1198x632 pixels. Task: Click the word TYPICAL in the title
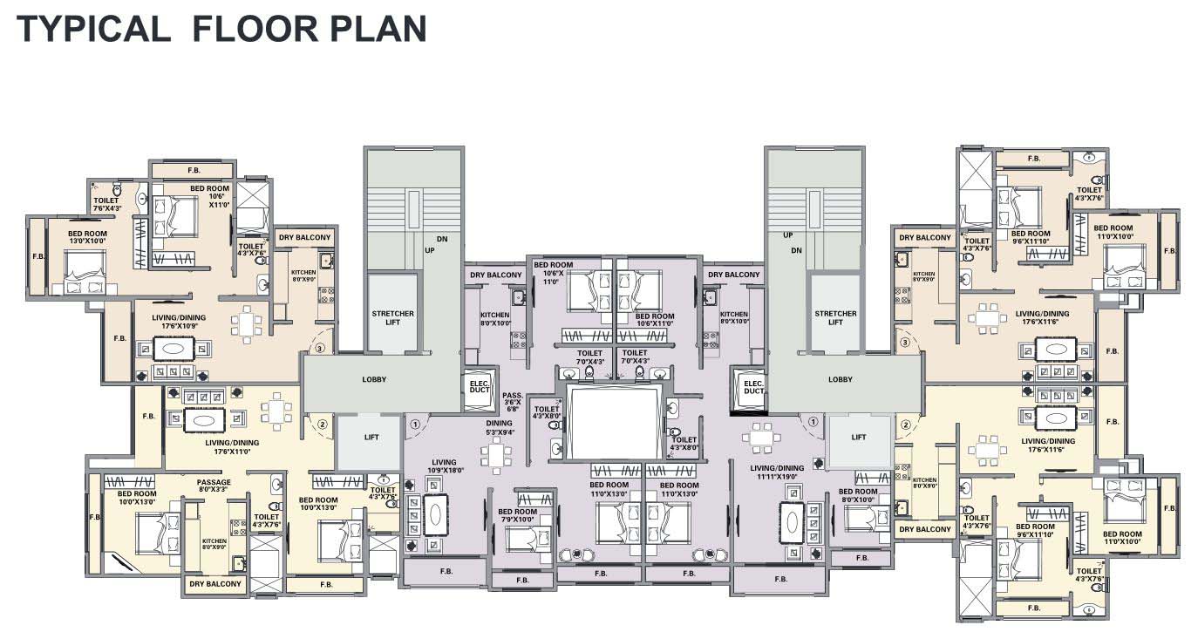click(92, 29)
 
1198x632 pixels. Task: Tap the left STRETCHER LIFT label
click(392, 317)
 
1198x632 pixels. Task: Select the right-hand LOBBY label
click(840, 379)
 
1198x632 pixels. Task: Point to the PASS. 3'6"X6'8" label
click(513, 401)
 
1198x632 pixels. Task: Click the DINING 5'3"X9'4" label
click(500, 427)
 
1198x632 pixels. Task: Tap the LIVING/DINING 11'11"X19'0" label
click(778, 472)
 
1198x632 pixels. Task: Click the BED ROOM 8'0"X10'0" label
click(858, 495)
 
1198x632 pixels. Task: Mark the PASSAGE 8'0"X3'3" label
click(214, 486)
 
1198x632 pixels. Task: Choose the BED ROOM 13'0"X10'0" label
click(89, 238)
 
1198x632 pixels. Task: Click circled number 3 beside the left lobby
click(320, 349)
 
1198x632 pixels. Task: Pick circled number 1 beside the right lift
click(813, 421)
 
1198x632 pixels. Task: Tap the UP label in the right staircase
click(787, 235)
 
